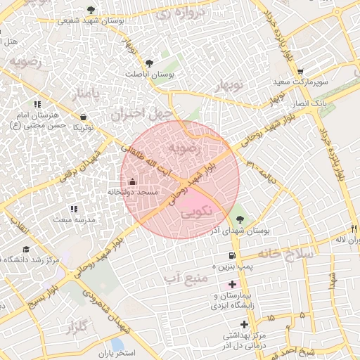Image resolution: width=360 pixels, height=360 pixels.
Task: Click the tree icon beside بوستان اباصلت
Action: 149,63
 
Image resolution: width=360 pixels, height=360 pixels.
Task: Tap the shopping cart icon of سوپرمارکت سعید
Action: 300,72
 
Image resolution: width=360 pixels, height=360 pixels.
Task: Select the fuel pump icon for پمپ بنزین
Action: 231,255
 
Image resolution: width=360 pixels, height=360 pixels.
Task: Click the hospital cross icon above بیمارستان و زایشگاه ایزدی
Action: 233,284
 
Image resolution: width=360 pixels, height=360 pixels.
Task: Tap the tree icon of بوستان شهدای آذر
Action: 240,220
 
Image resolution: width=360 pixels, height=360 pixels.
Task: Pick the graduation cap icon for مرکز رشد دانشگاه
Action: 26,249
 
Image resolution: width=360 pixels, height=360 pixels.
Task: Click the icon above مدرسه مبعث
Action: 74,209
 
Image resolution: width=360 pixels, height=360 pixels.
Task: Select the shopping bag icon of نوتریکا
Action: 84,117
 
